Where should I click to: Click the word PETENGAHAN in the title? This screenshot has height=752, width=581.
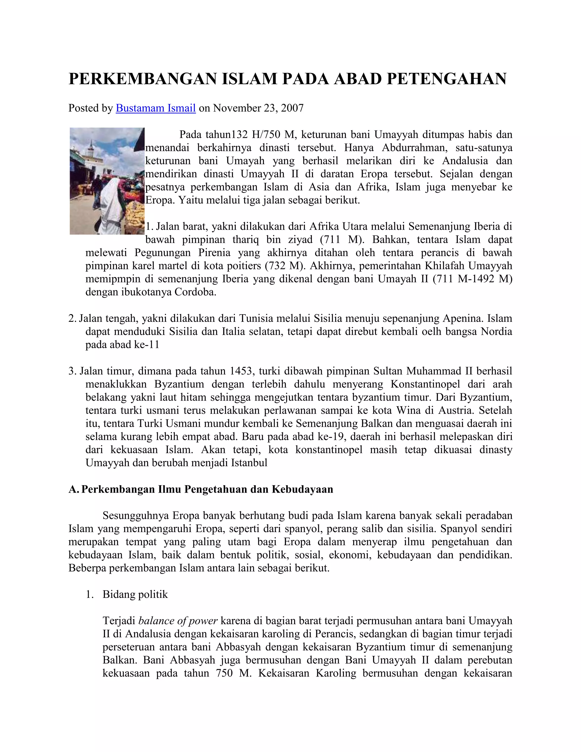coord(447,79)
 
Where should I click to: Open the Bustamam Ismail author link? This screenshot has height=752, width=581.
coord(155,108)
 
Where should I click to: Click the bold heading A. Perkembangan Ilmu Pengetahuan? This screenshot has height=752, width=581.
coord(201,489)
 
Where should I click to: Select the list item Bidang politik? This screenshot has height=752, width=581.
coord(135,594)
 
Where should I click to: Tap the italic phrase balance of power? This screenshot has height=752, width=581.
coord(178,621)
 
